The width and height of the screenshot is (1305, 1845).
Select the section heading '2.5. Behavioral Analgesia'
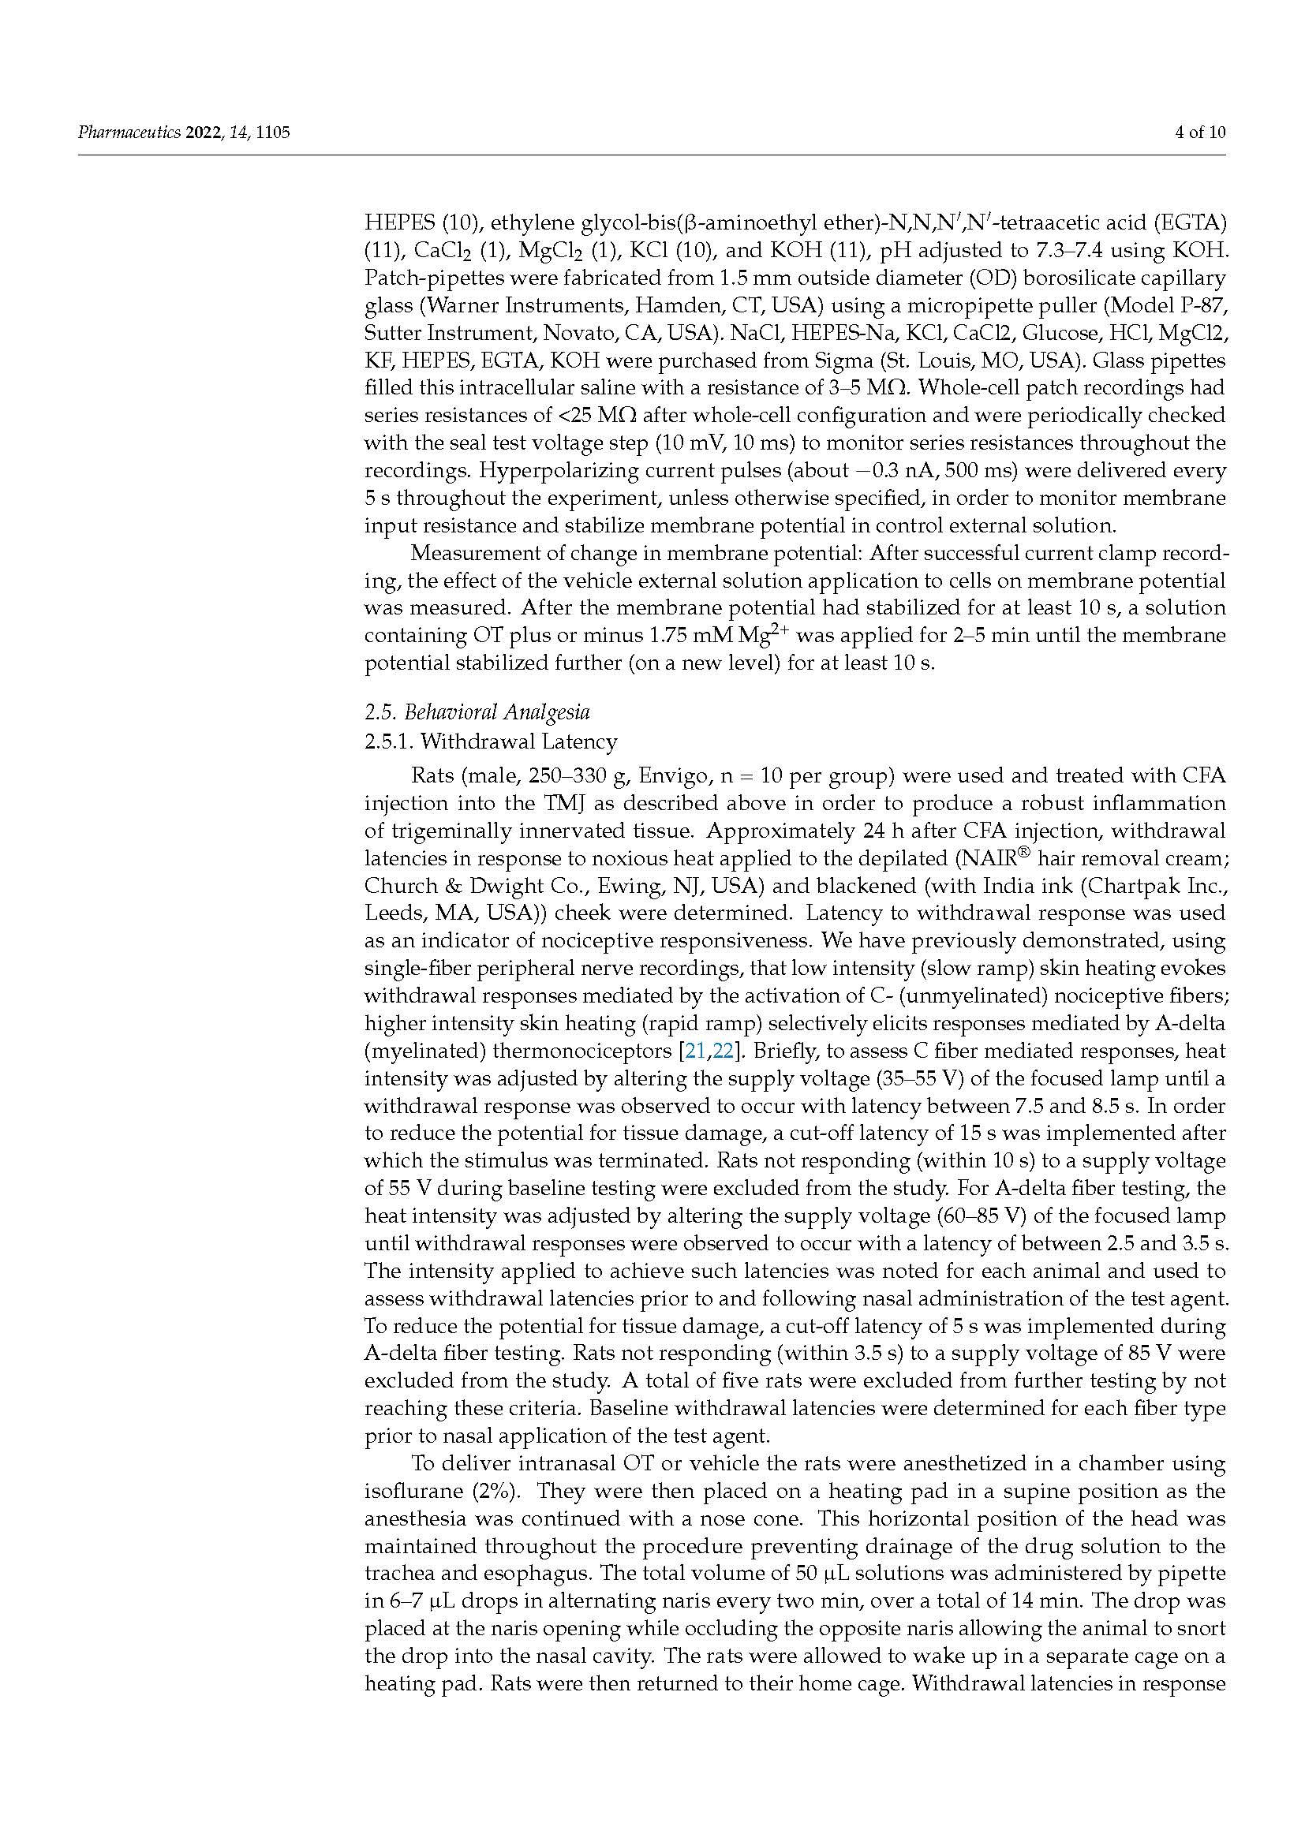[477, 712]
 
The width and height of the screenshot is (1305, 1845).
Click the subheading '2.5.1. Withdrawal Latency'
[490, 741]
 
